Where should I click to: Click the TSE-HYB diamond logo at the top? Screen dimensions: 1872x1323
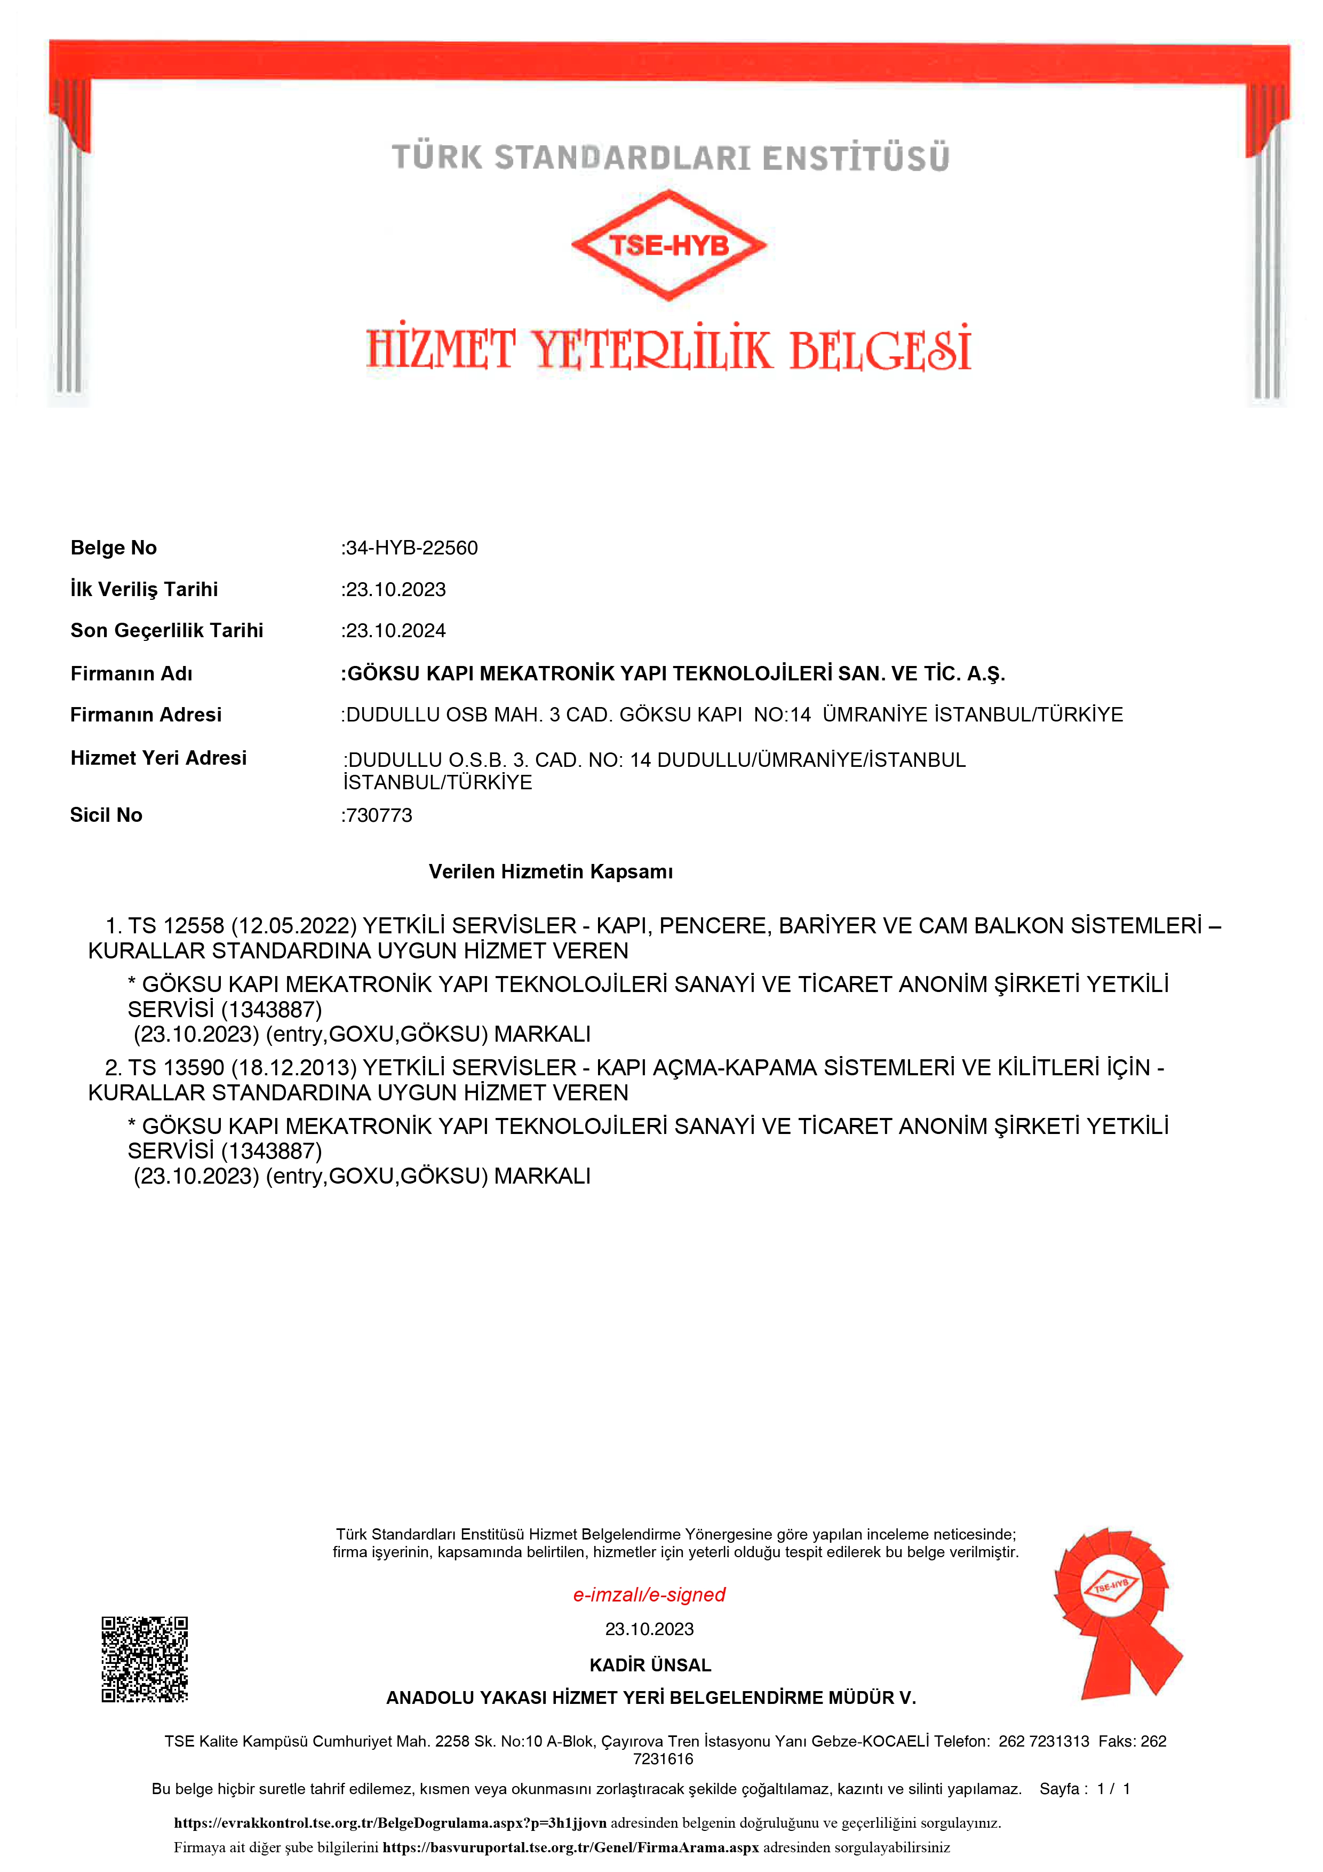coord(668,244)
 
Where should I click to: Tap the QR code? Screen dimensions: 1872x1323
coord(144,1659)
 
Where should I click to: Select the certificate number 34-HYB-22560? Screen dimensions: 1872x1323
coord(412,548)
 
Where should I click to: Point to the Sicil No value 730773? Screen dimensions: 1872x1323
coord(379,815)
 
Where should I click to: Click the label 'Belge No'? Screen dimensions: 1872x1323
coord(113,548)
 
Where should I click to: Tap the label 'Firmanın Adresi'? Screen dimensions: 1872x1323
coord(146,715)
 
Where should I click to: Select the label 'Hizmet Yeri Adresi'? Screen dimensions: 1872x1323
coord(158,758)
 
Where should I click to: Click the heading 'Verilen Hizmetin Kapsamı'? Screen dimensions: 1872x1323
coord(551,871)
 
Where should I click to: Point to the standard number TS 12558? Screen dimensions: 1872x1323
coord(176,926)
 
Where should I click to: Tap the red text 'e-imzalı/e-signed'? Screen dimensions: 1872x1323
coord(649,1595)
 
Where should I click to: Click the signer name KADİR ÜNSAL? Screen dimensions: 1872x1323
coord(650,1665)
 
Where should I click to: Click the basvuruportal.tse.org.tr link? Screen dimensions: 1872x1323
coord(571,1847)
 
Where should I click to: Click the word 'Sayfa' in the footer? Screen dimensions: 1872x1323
coord(1059,1789)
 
